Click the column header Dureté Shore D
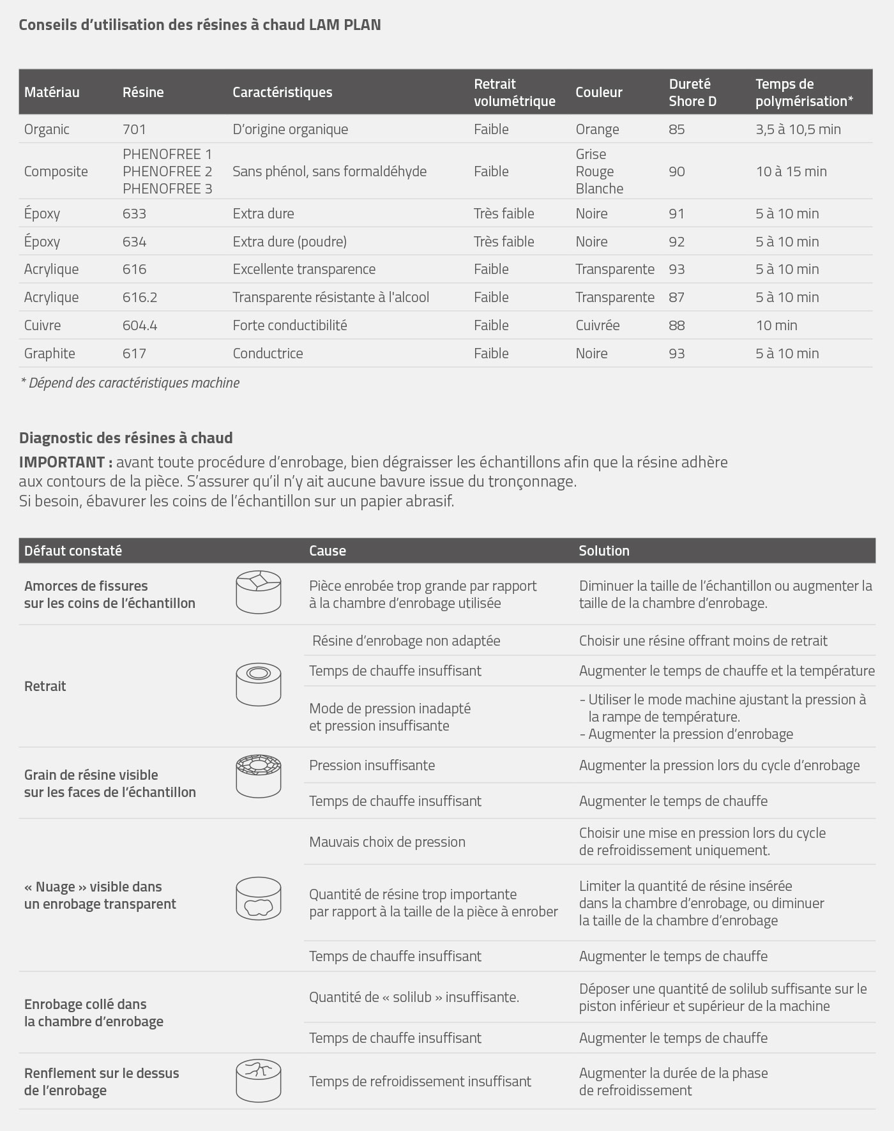692,93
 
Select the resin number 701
134,129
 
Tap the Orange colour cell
597,129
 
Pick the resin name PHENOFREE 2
167,171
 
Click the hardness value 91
676,213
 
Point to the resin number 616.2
139,297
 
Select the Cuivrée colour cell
597,325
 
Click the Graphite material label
49,353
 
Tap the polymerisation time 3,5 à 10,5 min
798,129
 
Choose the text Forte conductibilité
289,325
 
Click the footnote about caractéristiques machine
130,383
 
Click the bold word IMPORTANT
65,462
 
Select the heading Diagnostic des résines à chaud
126,437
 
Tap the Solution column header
603,550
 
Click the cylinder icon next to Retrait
259,684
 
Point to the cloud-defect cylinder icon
259,899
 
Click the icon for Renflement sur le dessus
259,1081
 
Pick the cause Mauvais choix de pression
387,842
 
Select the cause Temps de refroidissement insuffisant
420,1081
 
